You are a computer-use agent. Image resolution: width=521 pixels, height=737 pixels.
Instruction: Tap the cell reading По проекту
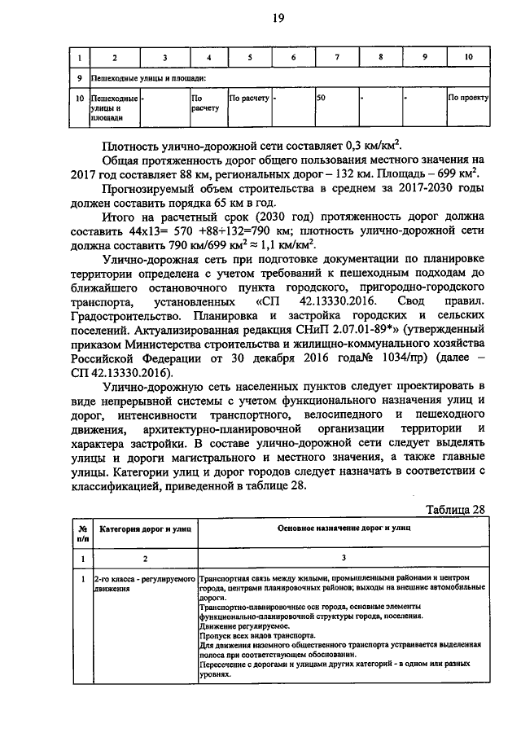468,98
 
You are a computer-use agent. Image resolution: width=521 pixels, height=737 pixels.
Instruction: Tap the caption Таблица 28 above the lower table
455,509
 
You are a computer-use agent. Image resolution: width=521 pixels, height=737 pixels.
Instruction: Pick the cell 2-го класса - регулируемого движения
144,584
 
